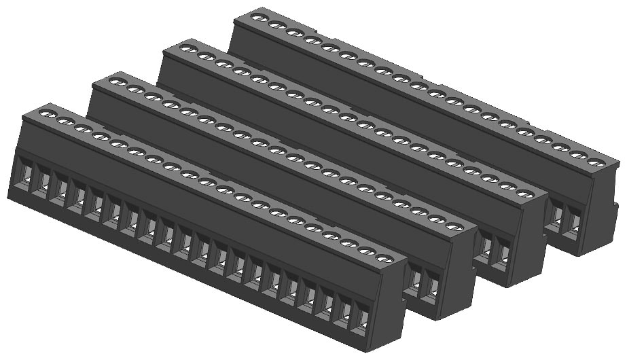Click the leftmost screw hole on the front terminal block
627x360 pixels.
tap(48, 114)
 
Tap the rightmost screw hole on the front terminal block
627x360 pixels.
tap(384, 259)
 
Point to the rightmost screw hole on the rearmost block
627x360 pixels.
tap(596, 162)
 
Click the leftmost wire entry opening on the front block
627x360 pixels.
tap(24, 174)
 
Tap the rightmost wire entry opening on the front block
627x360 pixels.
tap(363, 318)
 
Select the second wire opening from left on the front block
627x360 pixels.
tap(42, 181)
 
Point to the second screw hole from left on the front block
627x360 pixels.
tap(65, 122)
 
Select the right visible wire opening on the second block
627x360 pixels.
tap(430, 286)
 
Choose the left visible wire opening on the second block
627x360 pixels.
tap(412, 278)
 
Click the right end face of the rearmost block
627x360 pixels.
tap(601, 211)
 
